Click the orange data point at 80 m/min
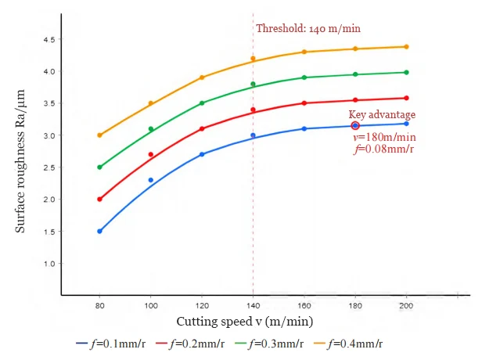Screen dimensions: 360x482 (x=99, y=135)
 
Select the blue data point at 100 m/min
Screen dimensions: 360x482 (x=151, y=180)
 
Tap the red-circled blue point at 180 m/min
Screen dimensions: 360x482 (x=355, y=125)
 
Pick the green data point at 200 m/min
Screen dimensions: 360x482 (x=406, y=72)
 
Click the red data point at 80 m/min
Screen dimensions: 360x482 (x=99, y=199)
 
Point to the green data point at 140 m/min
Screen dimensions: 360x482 (x=253, y=84)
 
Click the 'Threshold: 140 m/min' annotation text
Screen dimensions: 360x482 (x=308, y=29)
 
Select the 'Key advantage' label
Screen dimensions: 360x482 (x=382, y=115)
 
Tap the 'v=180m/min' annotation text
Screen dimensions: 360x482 (x=383, y=136)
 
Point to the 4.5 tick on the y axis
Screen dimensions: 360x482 (x=49, y=39)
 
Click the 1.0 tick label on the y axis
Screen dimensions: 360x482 (x=49, y=264)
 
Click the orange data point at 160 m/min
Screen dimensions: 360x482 (x=304, y=52)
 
